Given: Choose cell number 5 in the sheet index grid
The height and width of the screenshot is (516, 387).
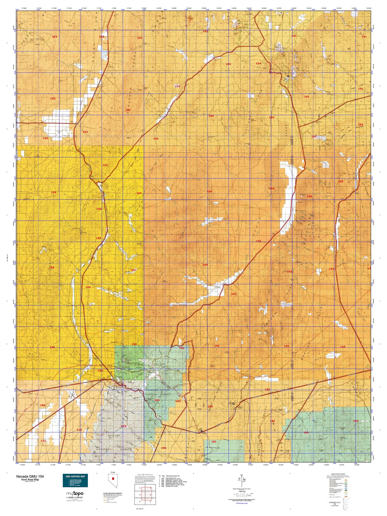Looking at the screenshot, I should [x=140, y=502].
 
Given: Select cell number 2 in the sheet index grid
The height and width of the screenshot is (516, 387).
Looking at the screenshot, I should [x=150, y=488].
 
